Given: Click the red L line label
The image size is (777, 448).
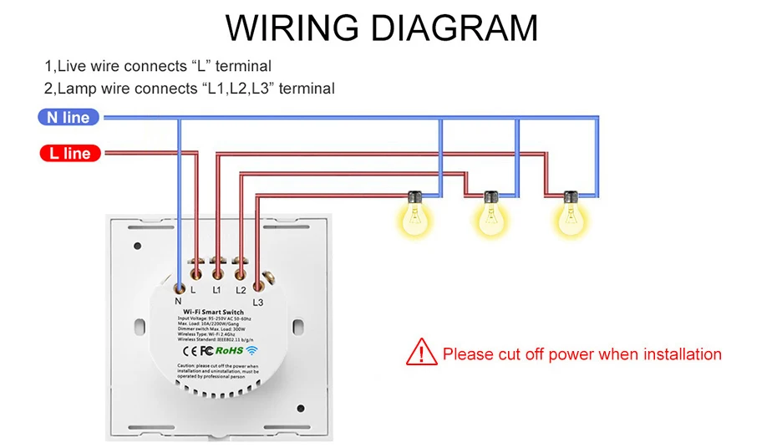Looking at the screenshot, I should [x=70, y=153].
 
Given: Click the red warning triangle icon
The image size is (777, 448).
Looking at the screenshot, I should [x=421, y=353].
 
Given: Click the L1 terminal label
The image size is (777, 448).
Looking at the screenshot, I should [x=216, y=290].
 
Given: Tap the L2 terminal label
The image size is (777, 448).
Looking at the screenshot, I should [x=241, y=290].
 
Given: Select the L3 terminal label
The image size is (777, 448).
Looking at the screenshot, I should [x=257, y=302].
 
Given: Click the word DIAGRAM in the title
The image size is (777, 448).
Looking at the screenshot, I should [x=453, y=28].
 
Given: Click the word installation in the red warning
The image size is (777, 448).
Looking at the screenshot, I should [x=680, y=354].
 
